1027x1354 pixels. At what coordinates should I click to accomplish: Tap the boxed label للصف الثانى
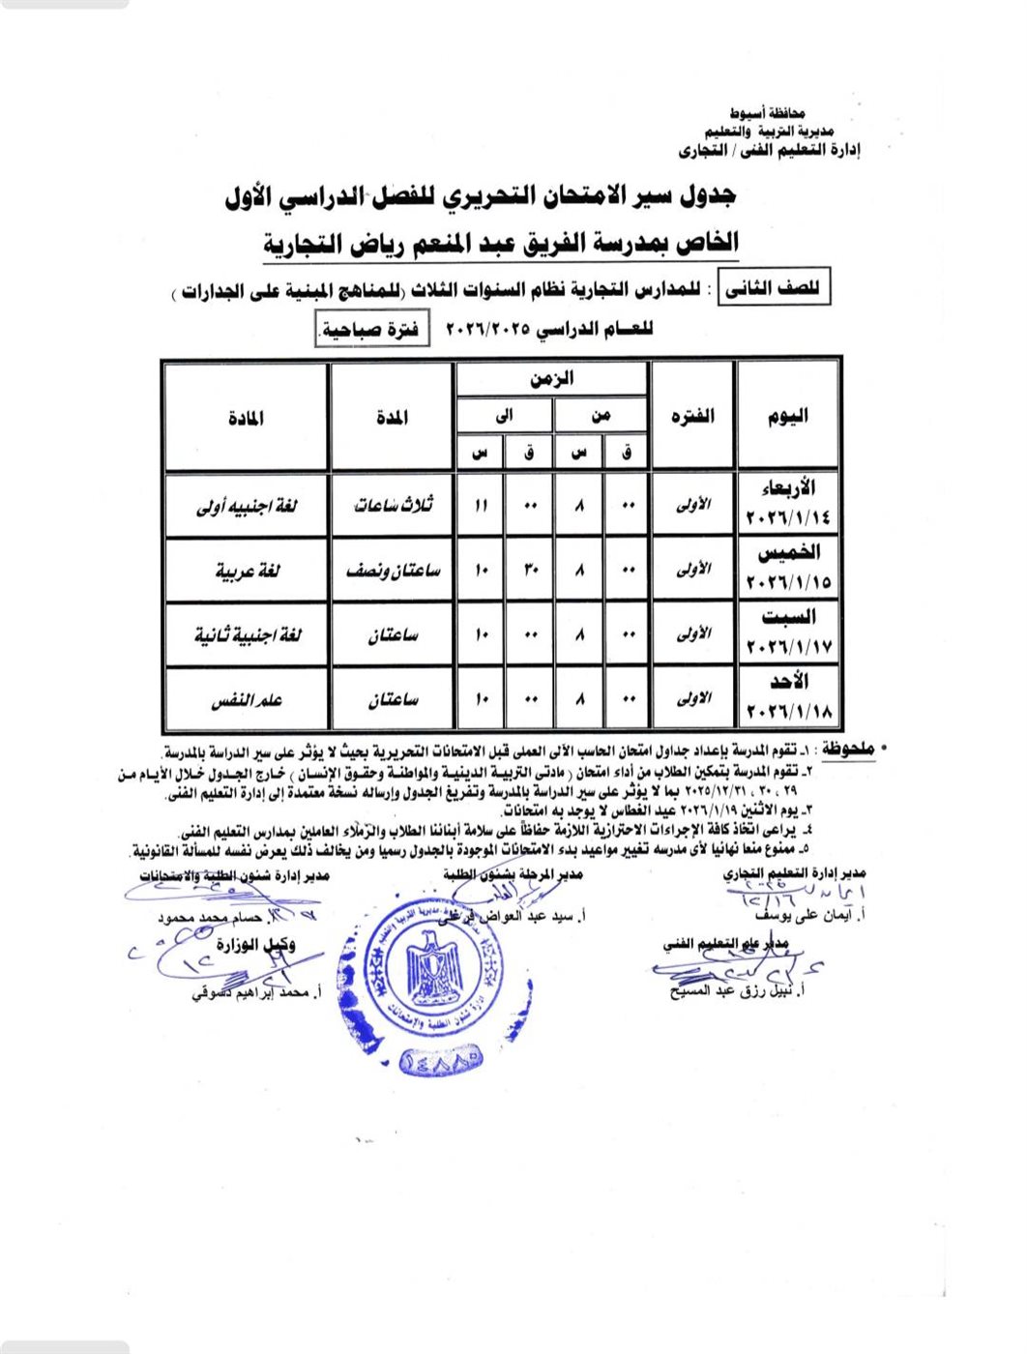pos(773,288)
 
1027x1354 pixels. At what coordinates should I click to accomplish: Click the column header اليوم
pos(787,416)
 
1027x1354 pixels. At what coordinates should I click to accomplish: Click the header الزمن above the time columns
pos(551,379)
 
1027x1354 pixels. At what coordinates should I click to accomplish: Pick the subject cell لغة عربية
pos(247,571)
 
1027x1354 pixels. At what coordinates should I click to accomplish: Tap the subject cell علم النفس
pos(247,700)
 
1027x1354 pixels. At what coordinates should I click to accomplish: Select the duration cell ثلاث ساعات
pos(393,505)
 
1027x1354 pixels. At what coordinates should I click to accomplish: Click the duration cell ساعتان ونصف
pos(393,571)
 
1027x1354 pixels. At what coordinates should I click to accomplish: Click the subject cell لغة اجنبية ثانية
pos(247,635)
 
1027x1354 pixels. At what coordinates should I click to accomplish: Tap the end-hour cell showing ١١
pos(480,506)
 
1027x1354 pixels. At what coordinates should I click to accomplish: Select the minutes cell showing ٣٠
pos(529,571)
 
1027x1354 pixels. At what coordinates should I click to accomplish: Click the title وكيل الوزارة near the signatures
pos(256,945)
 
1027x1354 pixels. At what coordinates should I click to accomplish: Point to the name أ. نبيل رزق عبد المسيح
pos(740,991)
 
